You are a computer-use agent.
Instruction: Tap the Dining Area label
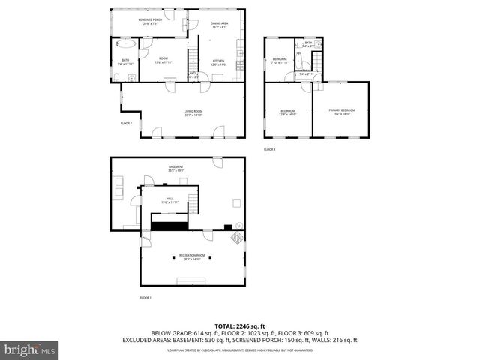[219, 25]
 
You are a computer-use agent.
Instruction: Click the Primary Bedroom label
[341, 112]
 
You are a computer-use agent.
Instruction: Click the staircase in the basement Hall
[193, 202]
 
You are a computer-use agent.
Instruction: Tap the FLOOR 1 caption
[145, 298]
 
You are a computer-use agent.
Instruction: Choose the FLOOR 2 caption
[126, 123]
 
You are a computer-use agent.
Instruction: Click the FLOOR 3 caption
[269, 149]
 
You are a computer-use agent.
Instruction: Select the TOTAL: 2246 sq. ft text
[239, 326]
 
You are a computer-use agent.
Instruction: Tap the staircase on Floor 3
[306, 63]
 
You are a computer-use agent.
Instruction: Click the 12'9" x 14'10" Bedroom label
[288, 112]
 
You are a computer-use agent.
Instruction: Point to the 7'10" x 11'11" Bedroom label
[280, 61]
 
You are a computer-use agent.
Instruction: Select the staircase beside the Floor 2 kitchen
[192, 56]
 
